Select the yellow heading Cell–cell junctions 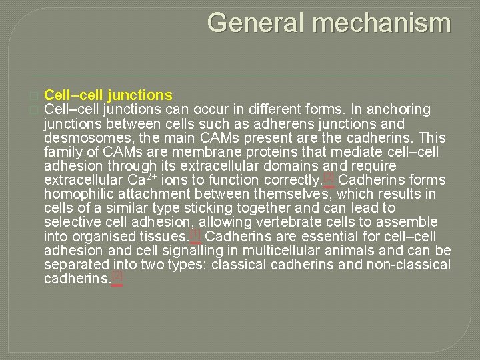pyautogui.click(x=108, y=95)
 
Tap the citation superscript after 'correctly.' pyautogui.click(x=328, y=177)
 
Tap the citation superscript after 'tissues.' pyautogui.click(x=195, y=234)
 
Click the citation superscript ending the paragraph pyautogui.click(x=117, y=276)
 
